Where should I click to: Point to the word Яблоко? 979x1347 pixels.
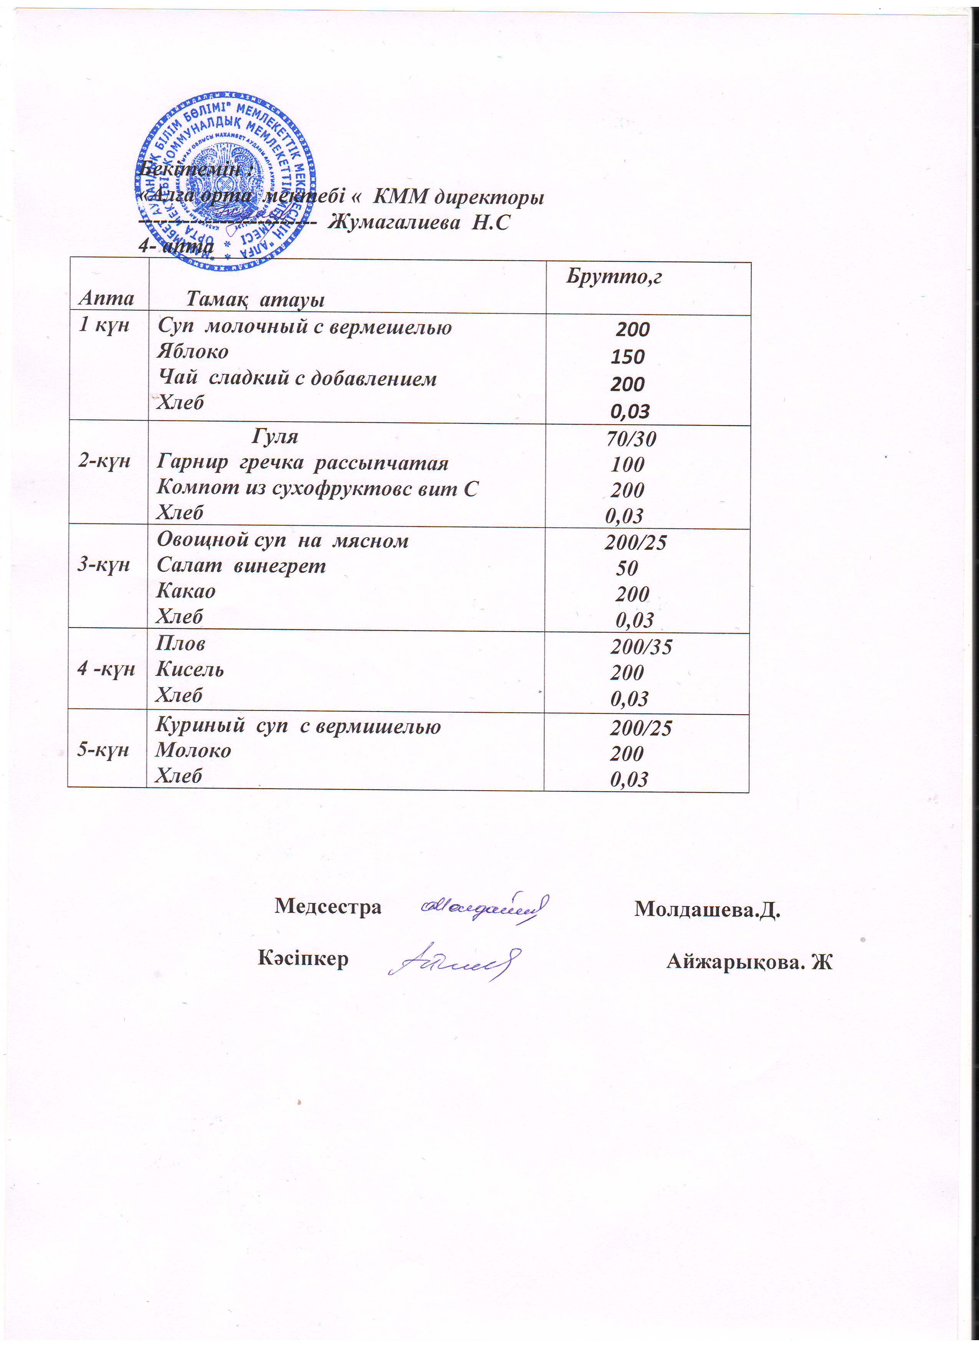tap(192, 352)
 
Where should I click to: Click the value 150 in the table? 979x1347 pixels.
tap(628, 357)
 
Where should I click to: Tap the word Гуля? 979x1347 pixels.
tap(275, 437)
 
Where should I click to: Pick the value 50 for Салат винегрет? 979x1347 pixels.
tap(627, 568)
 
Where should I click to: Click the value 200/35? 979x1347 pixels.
tap(641, 646)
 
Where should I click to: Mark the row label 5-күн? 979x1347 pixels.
tap(103, 750)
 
